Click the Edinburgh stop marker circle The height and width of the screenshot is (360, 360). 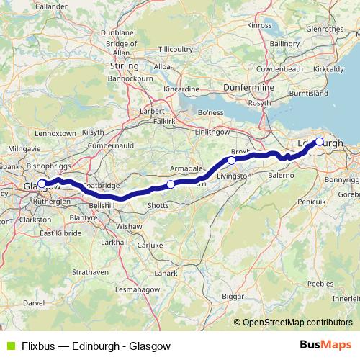tap(320, 141)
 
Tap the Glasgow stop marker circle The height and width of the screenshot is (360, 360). tap(42, 184)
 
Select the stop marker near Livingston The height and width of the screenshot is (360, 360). tap(232, 160)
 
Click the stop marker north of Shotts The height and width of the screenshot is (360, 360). tap(171, 185)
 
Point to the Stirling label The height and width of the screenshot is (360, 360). tap(124, 66)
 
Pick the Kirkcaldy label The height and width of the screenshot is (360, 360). tap(328, 70)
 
